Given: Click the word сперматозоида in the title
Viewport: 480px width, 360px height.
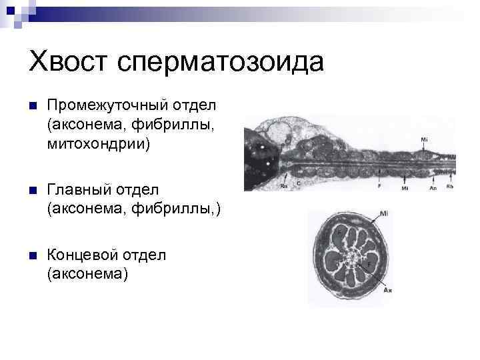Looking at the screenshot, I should pyautogui.click(x=219, y=62).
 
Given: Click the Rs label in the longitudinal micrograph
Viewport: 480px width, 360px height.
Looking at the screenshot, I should pyautogui.click(x=284, y=187).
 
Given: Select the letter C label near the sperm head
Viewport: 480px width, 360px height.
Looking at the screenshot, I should pyautogui.click(x=298, y=181).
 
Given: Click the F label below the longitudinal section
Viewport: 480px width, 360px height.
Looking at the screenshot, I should pyautogui.click(x=379, y=186).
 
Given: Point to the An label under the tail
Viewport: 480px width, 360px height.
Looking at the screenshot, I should pyautogui.click(x=433, y=188).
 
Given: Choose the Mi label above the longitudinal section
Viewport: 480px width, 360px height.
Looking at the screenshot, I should pyautogui.click(x=425, y=139).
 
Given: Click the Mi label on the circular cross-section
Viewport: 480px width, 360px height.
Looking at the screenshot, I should pyautogui.click(x=385, y=214).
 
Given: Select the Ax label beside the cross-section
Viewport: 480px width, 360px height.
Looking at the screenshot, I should pyautogui.click(x=387, y=291).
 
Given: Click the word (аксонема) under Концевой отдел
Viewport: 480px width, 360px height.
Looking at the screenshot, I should pyautogui.click(x=87, y=273).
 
